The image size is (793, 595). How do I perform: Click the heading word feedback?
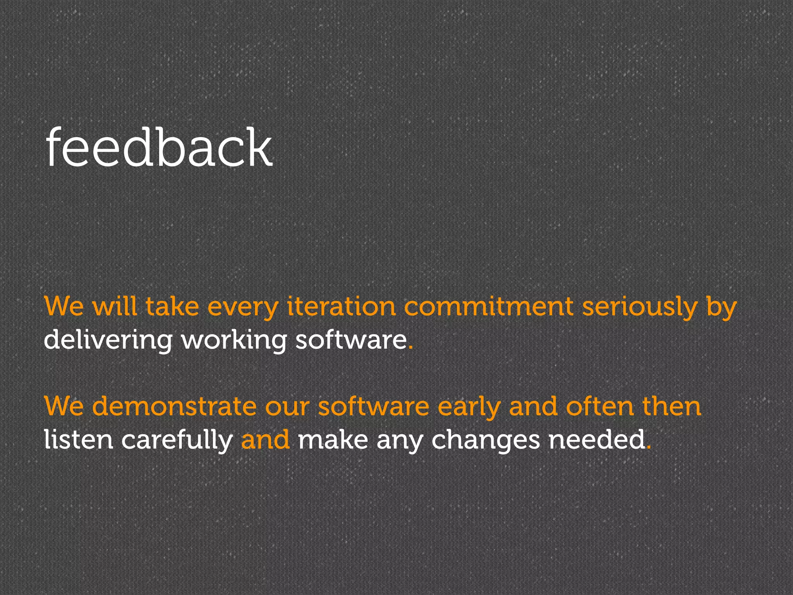tap(159, 148)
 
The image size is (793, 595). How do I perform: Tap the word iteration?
tap(342, 307)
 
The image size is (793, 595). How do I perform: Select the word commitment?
tap(489, 307)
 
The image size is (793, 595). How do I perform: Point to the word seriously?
tap(639, 307)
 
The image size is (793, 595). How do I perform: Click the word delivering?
tap(108, 340)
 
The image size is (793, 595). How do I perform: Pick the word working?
tap(234, 340)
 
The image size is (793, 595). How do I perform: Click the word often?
tap(599, 407)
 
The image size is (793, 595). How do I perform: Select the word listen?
tap(78, 440)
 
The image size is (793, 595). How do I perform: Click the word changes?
tap(486, 440)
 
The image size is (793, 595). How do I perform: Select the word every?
tap(243, 307)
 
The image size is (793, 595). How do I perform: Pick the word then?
tap(672, 407)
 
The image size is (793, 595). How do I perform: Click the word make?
tap(333, 440)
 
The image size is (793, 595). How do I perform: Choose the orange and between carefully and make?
tap(265, 440)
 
